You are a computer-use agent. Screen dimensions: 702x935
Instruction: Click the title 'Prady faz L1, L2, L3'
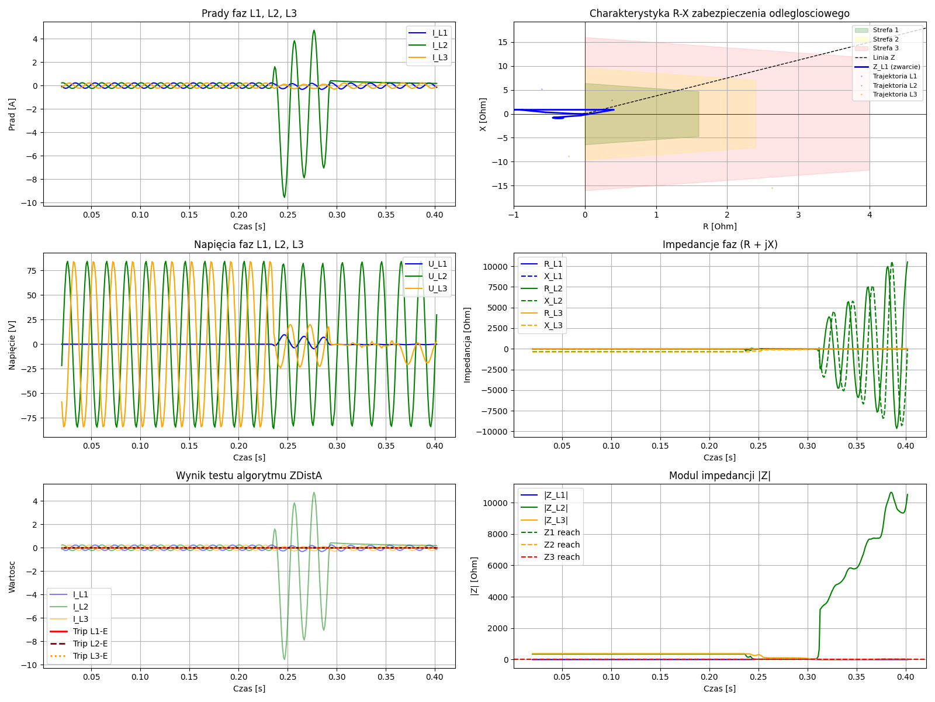[x=249, y=13]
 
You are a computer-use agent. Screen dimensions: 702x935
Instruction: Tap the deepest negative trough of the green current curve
[x=285, y=197]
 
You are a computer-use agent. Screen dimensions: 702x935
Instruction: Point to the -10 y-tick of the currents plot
[x=31, y=203]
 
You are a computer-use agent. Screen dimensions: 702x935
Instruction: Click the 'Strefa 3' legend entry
[x=885, y=48]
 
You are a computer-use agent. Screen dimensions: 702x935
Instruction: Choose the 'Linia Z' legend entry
[x=884, y=57]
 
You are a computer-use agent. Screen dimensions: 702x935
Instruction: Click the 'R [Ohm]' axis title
[x=719, y=226]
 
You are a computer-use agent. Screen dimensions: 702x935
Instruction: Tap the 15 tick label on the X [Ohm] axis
[x=502, y=42]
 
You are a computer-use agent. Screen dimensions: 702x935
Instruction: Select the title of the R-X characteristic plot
[x=719, y=13]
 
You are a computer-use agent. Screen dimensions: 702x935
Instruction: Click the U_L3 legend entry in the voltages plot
[x=437, y=288]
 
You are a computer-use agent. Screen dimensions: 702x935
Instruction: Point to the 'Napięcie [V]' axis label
[x=12, y=345]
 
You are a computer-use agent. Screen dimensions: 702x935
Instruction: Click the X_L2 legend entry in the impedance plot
[x=553, y=301]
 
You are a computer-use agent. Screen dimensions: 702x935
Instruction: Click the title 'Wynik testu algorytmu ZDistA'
[x=249, y=476]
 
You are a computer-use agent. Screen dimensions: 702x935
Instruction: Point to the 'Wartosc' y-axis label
[x=12, y=577]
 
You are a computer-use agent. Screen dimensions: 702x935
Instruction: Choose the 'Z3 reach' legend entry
[x=562, y=557]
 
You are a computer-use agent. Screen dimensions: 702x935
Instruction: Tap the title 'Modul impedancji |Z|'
[x=719, y=476]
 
